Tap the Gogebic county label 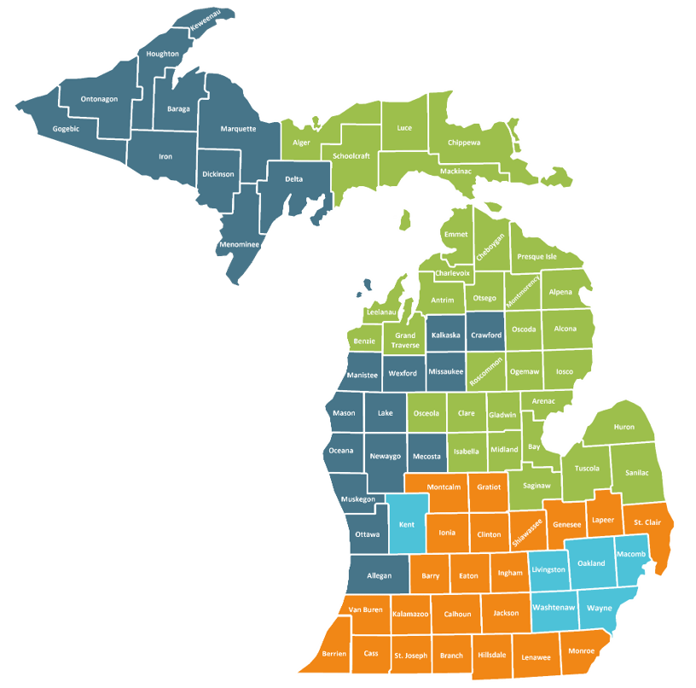pos(66,129)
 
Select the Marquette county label pos(238,129)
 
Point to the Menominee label pos(239,244)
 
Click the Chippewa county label pos(464,143)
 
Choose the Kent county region pos(407,524)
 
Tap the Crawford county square pos(486,335)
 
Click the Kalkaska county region pos(446,335)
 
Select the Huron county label pos(625,427)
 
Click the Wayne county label pos(600,609)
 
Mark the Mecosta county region pos(426,457)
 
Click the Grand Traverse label pos(404,341)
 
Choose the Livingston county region pos(548,569)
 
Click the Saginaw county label pos(536,485)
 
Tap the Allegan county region pos(379,577)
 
